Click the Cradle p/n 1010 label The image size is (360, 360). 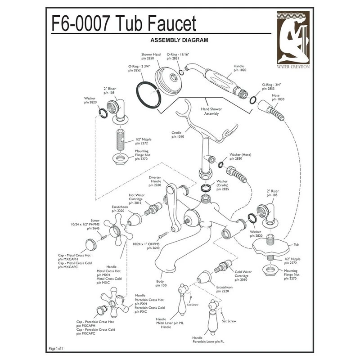tap(177, 135)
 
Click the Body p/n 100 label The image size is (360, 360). tap(161, 283)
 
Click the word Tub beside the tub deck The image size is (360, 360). tap(296, 244)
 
